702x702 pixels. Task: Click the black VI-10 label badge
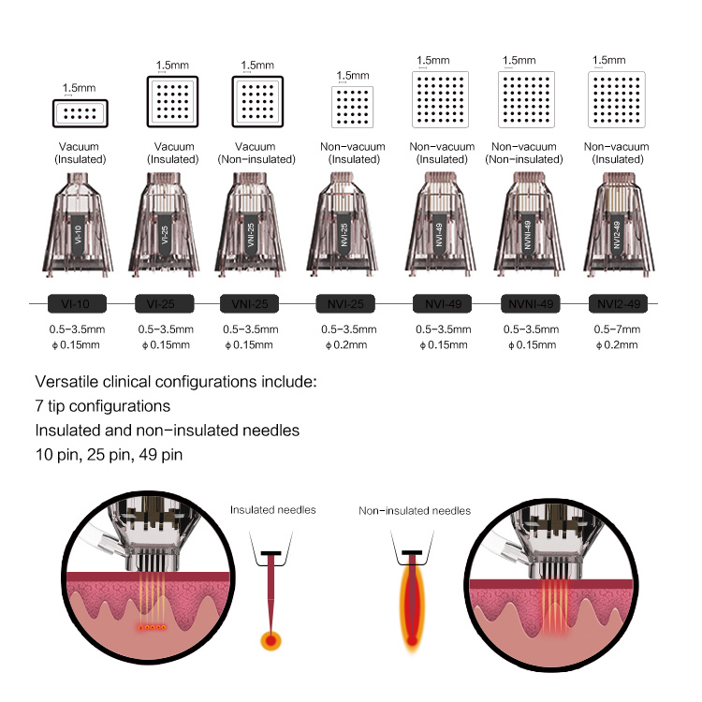point(80,303)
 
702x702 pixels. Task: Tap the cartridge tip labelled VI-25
point(168,229)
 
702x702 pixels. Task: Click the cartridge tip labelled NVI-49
point(441,229)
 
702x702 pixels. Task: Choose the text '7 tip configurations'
point(103,407)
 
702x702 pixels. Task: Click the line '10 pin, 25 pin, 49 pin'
point(109,456)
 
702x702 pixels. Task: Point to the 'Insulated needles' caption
point(273,510)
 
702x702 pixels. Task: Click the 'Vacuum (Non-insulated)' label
point(257,152)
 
